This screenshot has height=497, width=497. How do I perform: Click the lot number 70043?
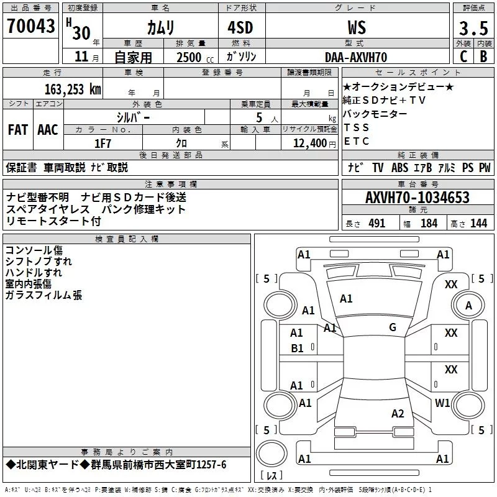[x=30, y=27]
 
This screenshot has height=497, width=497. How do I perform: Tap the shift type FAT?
[x=17, y=129]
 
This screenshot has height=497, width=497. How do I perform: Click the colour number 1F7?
[x=103, y=143]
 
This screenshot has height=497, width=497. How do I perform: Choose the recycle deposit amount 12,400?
[x=308, y=143]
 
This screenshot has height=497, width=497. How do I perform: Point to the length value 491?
[x=376, y=223]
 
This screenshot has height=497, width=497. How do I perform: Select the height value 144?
[x=478, y=223]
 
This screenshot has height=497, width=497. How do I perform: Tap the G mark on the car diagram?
[x=393, y=327]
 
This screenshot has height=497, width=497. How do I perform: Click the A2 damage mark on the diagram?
[x=398, y=414]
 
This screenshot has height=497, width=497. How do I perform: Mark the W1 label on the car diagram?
[x=442, y=403]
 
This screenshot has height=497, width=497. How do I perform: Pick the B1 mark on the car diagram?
[x=297, y=349]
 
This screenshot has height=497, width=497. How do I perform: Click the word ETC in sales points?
[x=357, y=141]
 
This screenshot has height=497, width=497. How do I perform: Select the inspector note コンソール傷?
[x=33, y=250]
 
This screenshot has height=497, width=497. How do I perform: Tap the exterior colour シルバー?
[x=134, y=116]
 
